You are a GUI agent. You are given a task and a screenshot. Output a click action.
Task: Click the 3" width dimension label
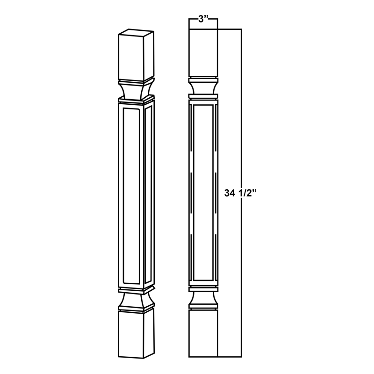(x=202, y=20)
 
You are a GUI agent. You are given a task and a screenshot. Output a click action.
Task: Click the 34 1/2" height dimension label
(x=242, y=192)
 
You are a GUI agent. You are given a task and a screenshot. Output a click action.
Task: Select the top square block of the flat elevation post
(x=203, y=51)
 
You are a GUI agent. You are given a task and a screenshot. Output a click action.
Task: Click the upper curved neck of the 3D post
(x=136, y=90)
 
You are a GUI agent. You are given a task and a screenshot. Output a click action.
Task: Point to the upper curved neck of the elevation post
(x=203, y=87)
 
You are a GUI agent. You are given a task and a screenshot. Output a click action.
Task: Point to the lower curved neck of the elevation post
(x=203, y=298)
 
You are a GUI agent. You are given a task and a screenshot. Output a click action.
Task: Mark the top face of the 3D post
(x=137, y=33)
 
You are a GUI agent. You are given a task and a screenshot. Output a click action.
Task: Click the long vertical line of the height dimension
(x=241, y=117)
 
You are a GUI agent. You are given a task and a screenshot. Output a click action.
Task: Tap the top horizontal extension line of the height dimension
(x=229, y=29)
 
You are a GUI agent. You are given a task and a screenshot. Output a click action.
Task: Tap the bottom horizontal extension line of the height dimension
(x=229, y=356)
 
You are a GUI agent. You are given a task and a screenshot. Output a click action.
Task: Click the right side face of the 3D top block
(x=149, y=55)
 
